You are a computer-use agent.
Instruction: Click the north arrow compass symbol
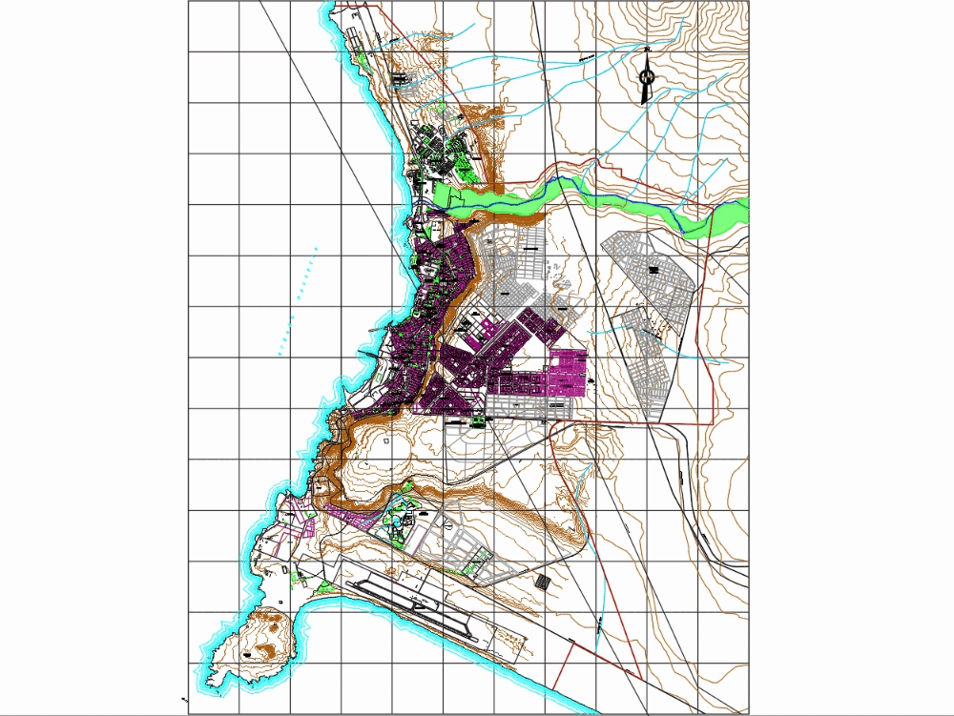(646, 74)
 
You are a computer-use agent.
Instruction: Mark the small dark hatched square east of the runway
(542, 581)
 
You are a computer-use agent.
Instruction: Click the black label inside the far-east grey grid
(654, 270)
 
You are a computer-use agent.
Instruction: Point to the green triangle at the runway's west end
(326, 585)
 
